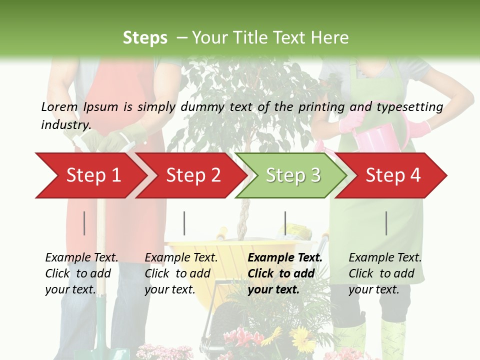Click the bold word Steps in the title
[145, 38]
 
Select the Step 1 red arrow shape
[90, 175]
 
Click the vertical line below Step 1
[84, 223]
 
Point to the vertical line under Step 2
[184, 223]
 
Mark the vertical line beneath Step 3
[285, 223]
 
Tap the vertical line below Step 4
[386, 223]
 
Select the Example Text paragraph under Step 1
[81, 273]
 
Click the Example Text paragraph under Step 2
[180, 273]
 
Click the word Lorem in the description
[59, 106]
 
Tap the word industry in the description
[65, 125]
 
